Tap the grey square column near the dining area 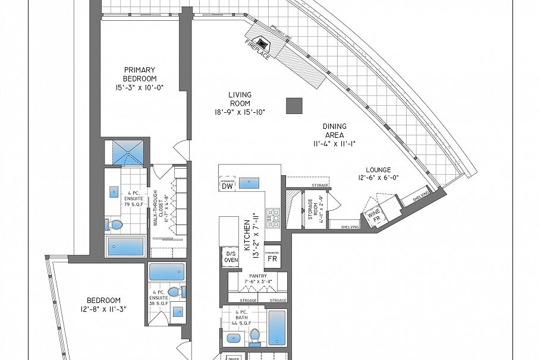coord(294,106)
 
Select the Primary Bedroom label coord(140,74)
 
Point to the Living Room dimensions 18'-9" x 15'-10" coord(240,112)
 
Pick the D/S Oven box coord(231,257)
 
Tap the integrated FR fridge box coord(272,255)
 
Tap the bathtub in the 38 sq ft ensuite coord(166,272)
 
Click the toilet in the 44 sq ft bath coord(254,336)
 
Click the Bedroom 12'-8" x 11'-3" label coord(103,304)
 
